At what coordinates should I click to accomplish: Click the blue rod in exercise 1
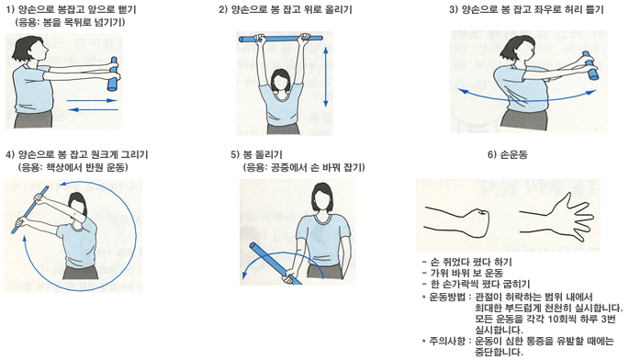(114, 74)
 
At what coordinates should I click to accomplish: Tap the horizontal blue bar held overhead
(281, 39)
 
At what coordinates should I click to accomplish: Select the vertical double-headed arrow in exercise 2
(326, 76)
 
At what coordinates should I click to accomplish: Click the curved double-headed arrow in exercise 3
(527, 97)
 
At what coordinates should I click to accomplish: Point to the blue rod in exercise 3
(590, 65)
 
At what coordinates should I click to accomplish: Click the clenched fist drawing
(457, 221)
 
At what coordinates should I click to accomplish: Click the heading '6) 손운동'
(507, 154)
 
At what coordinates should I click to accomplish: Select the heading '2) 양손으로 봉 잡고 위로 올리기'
(286, 9)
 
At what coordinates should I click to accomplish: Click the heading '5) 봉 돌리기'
(256, 154)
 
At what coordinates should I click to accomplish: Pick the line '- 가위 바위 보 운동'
(463, 273)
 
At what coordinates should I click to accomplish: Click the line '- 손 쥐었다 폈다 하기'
(467, 262)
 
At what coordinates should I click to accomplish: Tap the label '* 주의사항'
(444, 341)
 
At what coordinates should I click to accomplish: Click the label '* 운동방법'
(444, 298)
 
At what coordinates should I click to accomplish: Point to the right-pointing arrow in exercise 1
(92, 100)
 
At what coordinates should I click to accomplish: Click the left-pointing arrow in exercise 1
(92, 109)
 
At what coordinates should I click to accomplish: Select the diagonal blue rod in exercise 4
(30, 209)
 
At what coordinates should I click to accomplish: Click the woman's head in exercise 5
(322, 198)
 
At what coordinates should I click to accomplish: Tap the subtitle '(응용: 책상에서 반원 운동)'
(73, 167)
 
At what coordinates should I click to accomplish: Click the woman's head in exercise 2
(282, 81)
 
